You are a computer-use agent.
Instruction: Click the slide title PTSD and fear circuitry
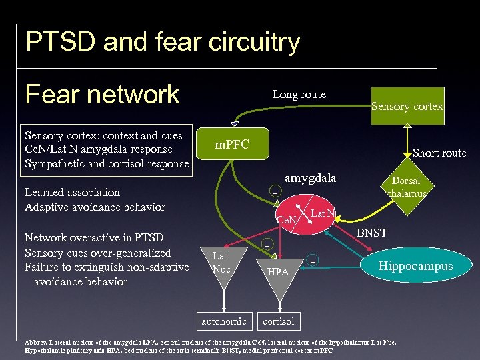pos(163,43)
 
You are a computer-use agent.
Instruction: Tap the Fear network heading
pos(102,94)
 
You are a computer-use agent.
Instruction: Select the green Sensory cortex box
pos(407,106)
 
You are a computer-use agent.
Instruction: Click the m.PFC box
pos(232,145)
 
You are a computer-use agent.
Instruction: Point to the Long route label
pos(299,94)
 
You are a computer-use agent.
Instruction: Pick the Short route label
pos(439,153)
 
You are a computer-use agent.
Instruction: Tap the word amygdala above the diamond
pos(310,178)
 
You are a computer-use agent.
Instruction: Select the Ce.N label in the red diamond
pos(287,220)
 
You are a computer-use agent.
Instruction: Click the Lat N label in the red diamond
pos(323,213)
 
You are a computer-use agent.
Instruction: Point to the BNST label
pos(371,233)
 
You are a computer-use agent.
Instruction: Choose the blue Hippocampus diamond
pos(415,266)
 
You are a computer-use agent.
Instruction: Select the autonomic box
pos(224,321)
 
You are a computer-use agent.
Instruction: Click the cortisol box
pos(278,321)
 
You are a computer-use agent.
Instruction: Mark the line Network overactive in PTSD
pos(94,237)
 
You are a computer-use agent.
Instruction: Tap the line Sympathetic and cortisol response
pos(107,163)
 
